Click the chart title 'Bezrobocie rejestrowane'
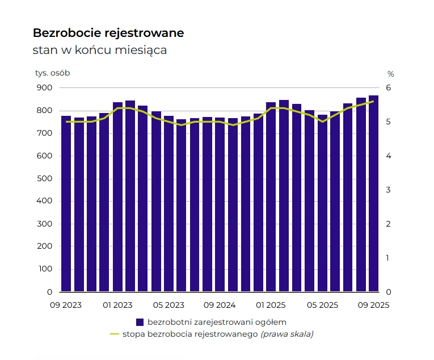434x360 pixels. coord(108,33)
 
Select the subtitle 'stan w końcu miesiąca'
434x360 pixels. coord(100,51)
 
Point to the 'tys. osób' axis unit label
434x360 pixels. coord(52,73)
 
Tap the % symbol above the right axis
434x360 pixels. coord(390,74)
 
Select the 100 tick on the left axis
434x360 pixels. coord(45,270)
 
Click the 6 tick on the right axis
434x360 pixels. coord(388,88)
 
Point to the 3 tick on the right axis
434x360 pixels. coord(388,190)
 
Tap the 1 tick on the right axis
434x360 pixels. coord(388,258)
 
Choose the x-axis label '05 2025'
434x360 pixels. coord(322,305)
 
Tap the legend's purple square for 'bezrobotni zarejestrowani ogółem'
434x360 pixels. coord(140,322)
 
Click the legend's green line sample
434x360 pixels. coord(115,333)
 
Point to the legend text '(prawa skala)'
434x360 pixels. coord(286,334)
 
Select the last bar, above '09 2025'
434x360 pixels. coord(374,193)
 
